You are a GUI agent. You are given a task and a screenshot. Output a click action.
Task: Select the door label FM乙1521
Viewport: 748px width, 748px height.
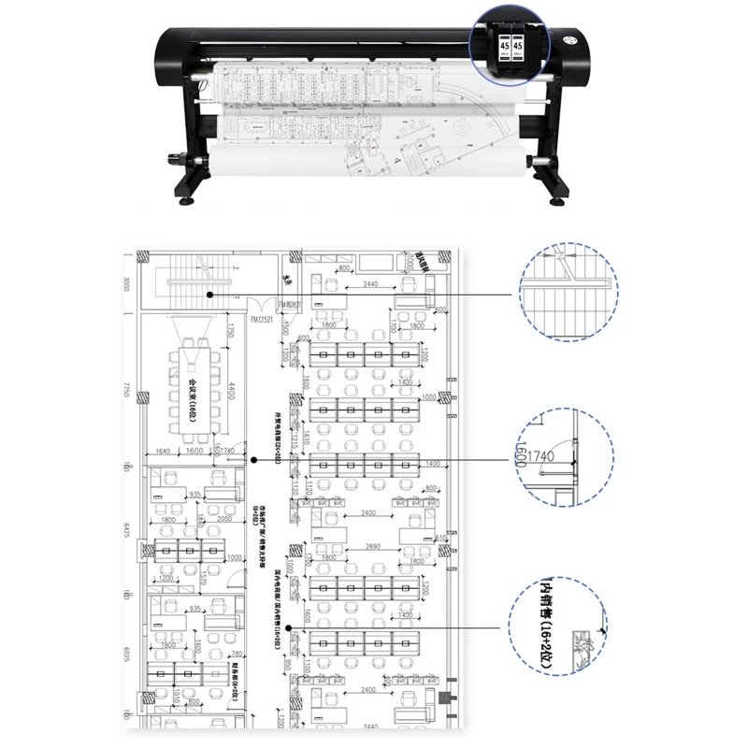pos(260,320)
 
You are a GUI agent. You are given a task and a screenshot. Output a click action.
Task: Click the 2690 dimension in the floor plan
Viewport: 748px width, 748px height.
pos(373,546)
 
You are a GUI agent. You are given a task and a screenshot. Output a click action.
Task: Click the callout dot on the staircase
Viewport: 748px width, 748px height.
pos(210,295)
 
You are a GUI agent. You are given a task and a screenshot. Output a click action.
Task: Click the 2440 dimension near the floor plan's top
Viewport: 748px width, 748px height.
pos(371,283)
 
